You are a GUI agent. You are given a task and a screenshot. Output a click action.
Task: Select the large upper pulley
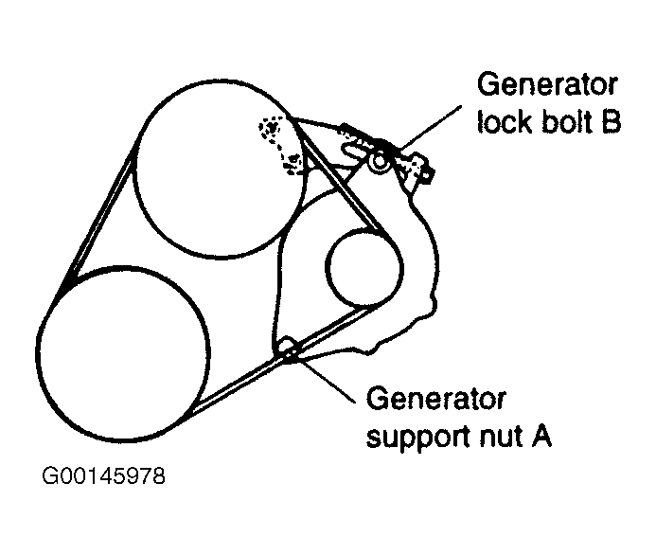pyautogui.click(x=219, y=170)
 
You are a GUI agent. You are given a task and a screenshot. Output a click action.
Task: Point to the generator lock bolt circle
pyautogui.click(x=381, y=162)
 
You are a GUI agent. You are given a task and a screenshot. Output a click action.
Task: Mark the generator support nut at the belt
pyautogui.click(x=289, y=349)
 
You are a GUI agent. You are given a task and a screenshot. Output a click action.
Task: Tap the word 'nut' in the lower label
pyautogui.click(x=501, y=438)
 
